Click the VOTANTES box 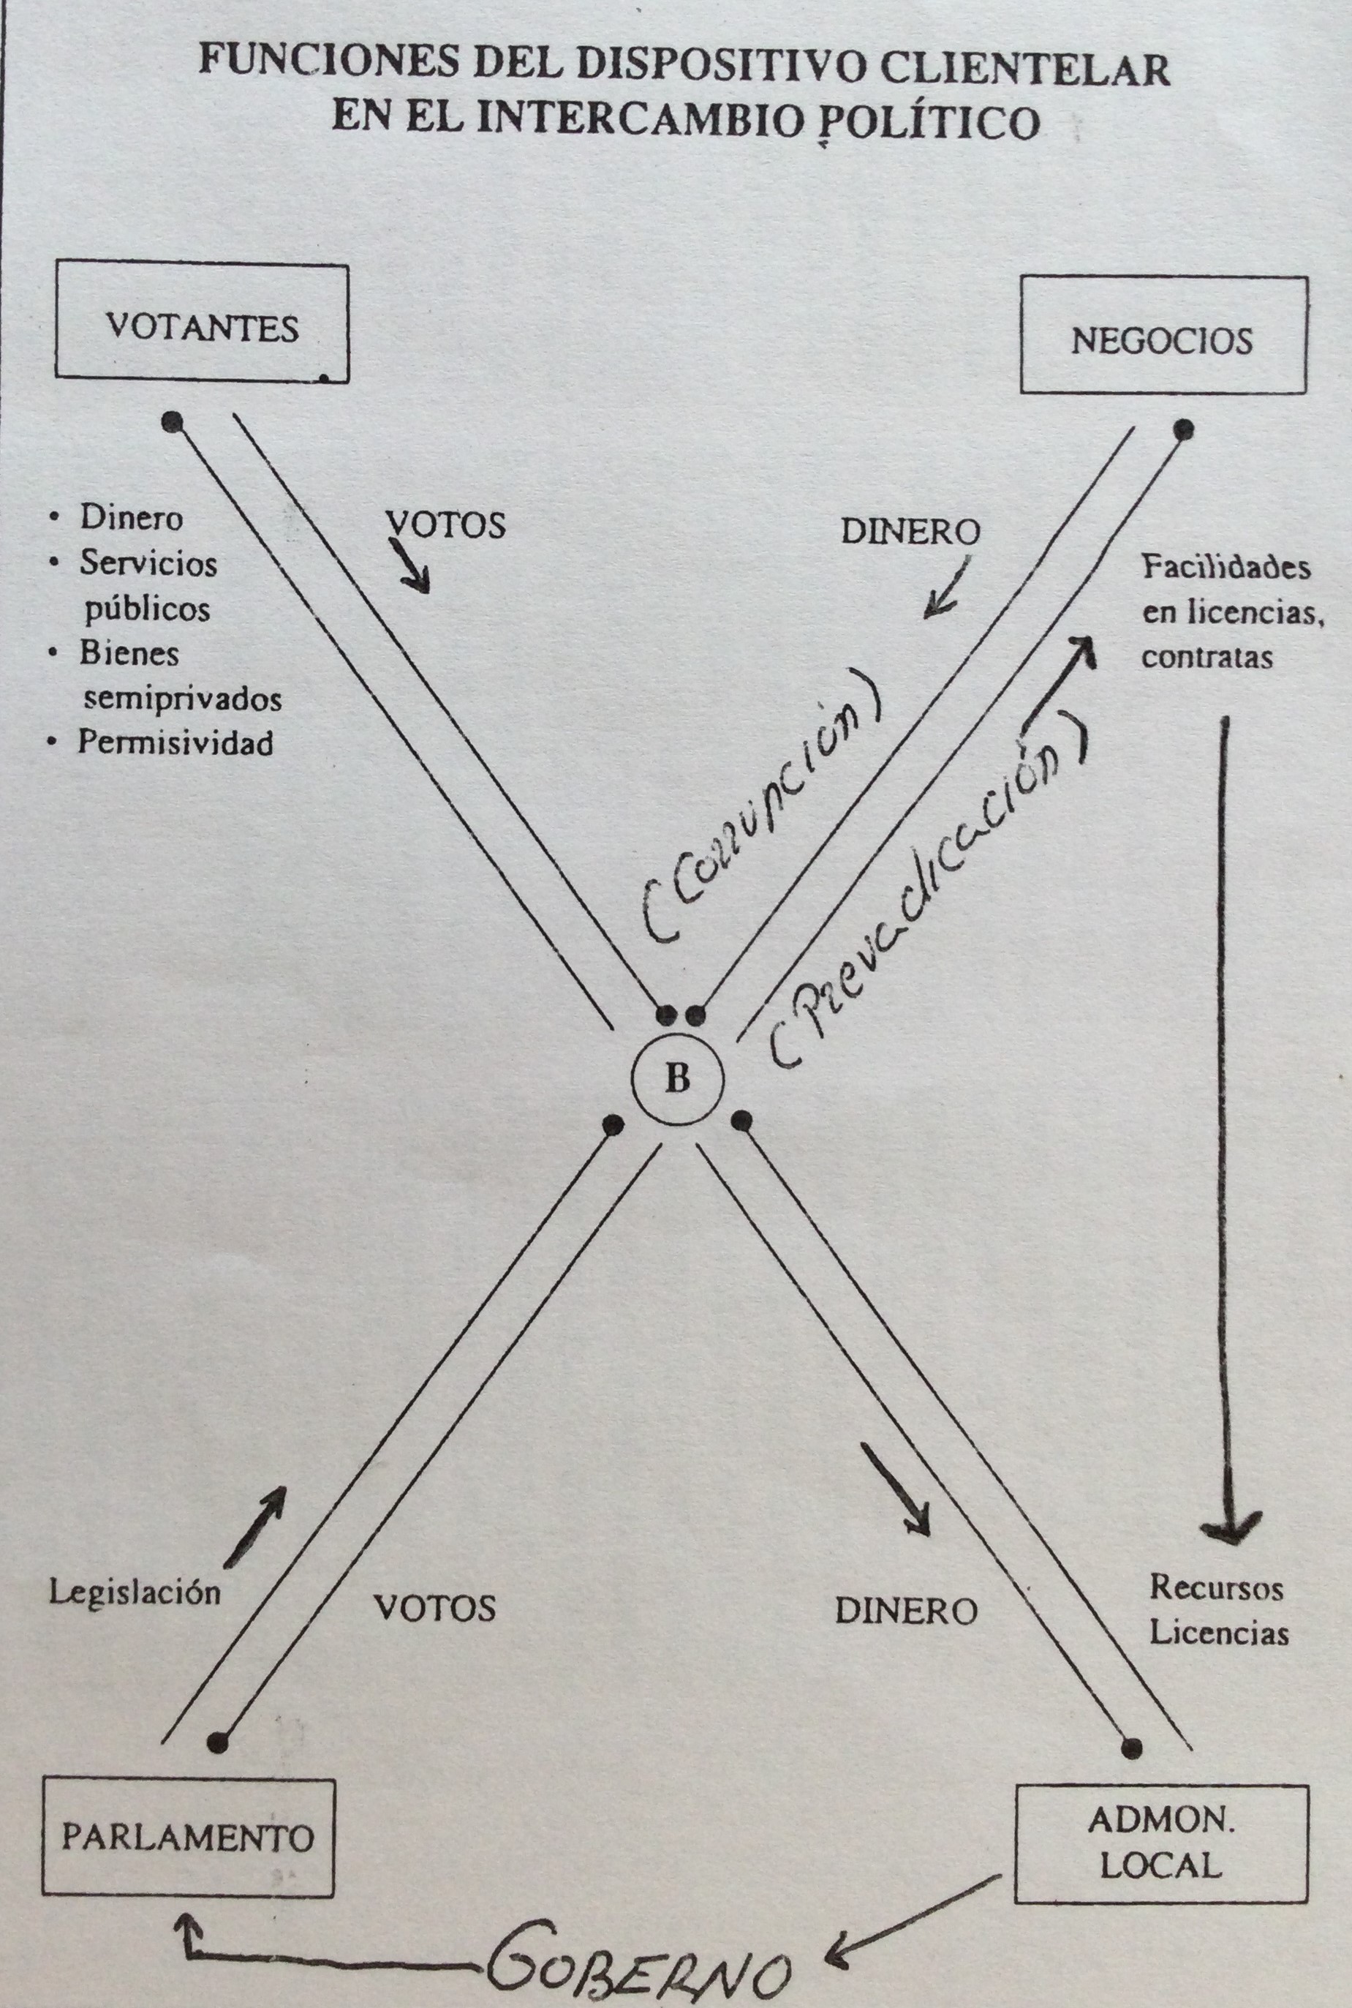[202, 323]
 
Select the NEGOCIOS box [1163, 336]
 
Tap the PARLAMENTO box [187, 1838]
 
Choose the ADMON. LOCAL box [1160, 1843]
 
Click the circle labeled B [678, 1079]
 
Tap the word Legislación [135, 1591]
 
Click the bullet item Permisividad [175, 742]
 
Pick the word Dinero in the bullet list [131, 517]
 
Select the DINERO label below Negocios [910, 531]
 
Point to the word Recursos [1217, 1587]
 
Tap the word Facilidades [1226, 568]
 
